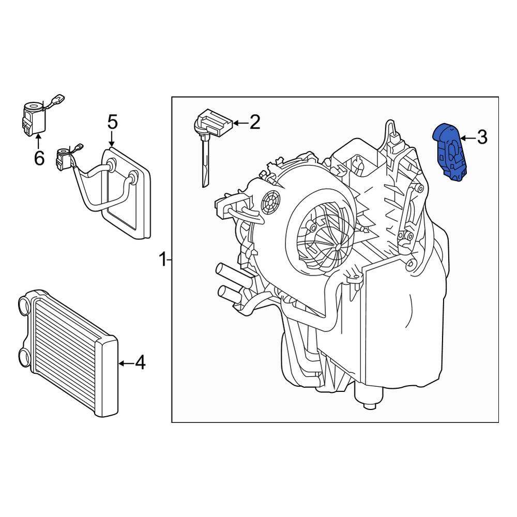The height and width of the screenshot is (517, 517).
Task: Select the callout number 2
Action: pyautogui.click(x=254, y=123)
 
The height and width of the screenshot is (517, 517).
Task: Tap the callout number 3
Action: pyautogui.click(x=481, y=138)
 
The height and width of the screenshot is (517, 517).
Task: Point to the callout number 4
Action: pyautogui.click(x=140, y=363)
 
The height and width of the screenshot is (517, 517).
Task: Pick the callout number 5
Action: pyautogui.click(x=113, y=123)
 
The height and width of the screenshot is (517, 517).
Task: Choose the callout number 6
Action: pyautogui.click(x=39, y=158)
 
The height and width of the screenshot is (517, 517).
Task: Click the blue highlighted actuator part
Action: pyautogui.click(x=450, y=153)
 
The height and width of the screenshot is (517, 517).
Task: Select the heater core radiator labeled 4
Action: pyautogui.click(x=70, y=352)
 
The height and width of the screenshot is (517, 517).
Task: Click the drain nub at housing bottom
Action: pyautogui.click(x=369, y=404)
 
